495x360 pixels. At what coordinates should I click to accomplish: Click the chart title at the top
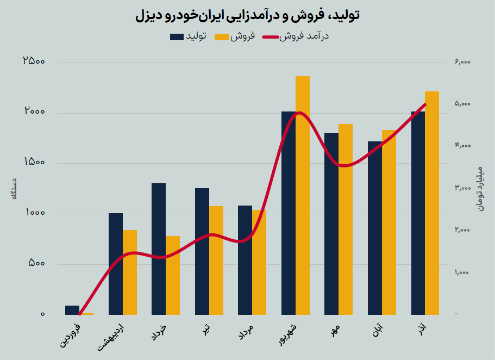(247, 16)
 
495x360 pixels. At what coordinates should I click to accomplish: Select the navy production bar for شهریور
(288, 218)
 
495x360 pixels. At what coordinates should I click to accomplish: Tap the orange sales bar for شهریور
(303, 196)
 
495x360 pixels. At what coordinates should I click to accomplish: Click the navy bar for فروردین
(72, 311)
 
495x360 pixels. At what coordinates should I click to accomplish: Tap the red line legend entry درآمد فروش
(296, 37)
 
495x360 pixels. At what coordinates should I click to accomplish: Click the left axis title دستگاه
(15, 188)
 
